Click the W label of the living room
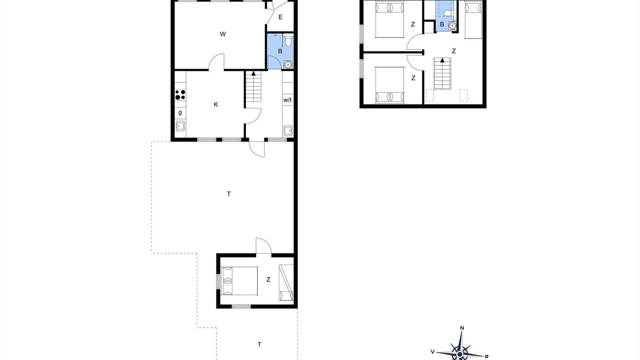223,34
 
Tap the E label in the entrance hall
280,17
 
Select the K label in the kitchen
215,104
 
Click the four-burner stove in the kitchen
180,94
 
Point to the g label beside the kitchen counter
180,112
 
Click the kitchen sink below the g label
180,125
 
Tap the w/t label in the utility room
287,100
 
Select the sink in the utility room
288,130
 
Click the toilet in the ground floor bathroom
288,40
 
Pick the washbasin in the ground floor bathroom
288,64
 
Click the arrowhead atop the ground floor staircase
253,73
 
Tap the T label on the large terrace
229,194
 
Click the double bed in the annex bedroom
239,281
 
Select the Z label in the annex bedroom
268,279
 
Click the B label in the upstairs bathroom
442,24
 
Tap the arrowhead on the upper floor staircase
442,60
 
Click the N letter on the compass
461,328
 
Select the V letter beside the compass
432,351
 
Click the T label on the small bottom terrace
259,345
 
